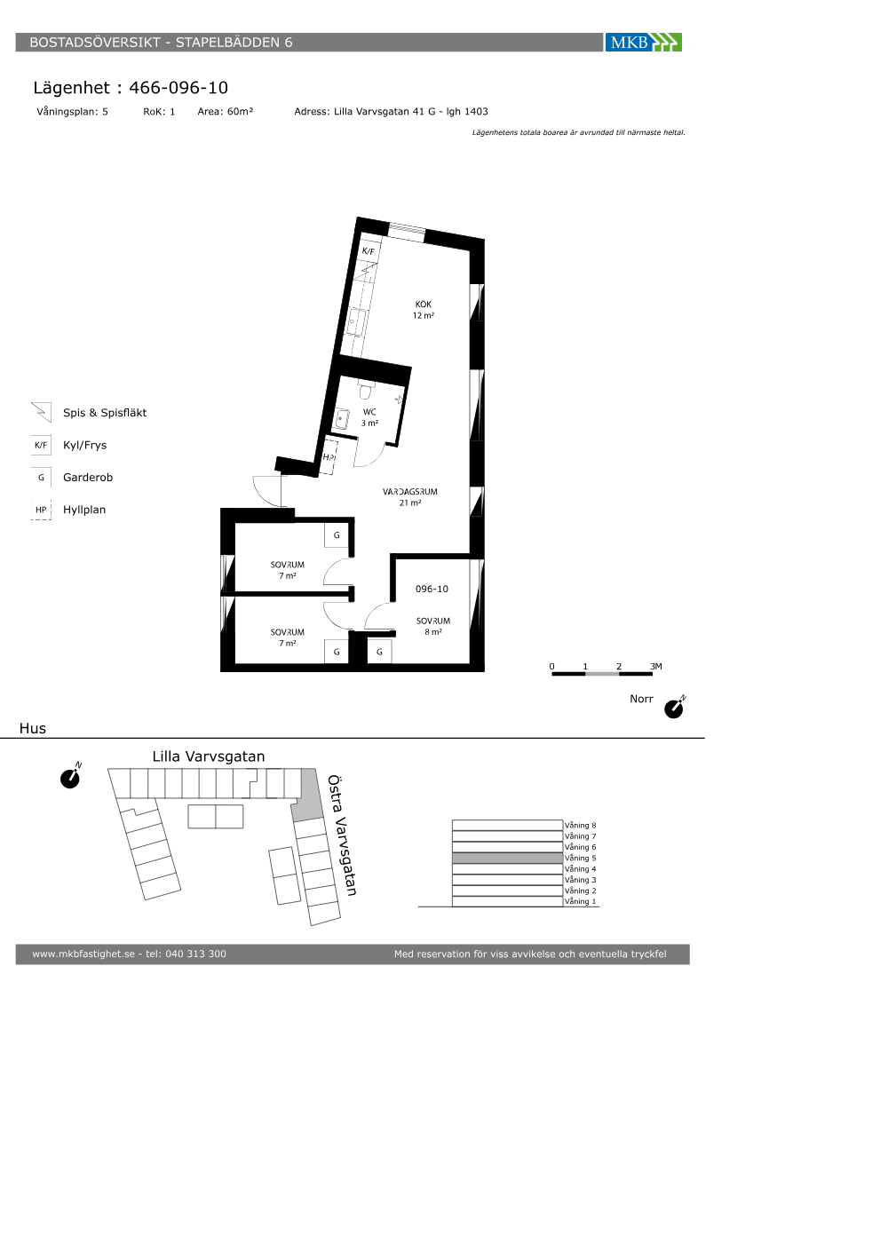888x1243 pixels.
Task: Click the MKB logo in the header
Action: (643, 43)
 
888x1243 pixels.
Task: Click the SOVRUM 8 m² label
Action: (433, 626)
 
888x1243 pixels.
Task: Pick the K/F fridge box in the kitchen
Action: (369, 250)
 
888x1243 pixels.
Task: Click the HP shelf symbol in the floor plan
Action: (329, 456)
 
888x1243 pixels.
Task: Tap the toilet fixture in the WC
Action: (366, 390)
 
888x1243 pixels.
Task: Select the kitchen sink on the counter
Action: (356, 322)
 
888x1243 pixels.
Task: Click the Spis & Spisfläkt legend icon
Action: (41, 412)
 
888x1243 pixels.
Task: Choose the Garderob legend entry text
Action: (88, 478)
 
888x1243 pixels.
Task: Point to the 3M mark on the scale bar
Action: (656, 667)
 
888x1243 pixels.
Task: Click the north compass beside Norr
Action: (674, 707)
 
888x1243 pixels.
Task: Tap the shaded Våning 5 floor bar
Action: (507, 858)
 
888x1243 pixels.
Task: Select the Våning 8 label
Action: (580, 825)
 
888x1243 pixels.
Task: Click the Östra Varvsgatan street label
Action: (342, 835)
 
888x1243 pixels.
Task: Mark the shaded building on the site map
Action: (307, 795)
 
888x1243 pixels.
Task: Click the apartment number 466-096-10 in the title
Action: (178, 88)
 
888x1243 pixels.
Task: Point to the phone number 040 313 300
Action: (195, 954)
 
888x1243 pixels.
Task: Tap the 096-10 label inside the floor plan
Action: (432, 589)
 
